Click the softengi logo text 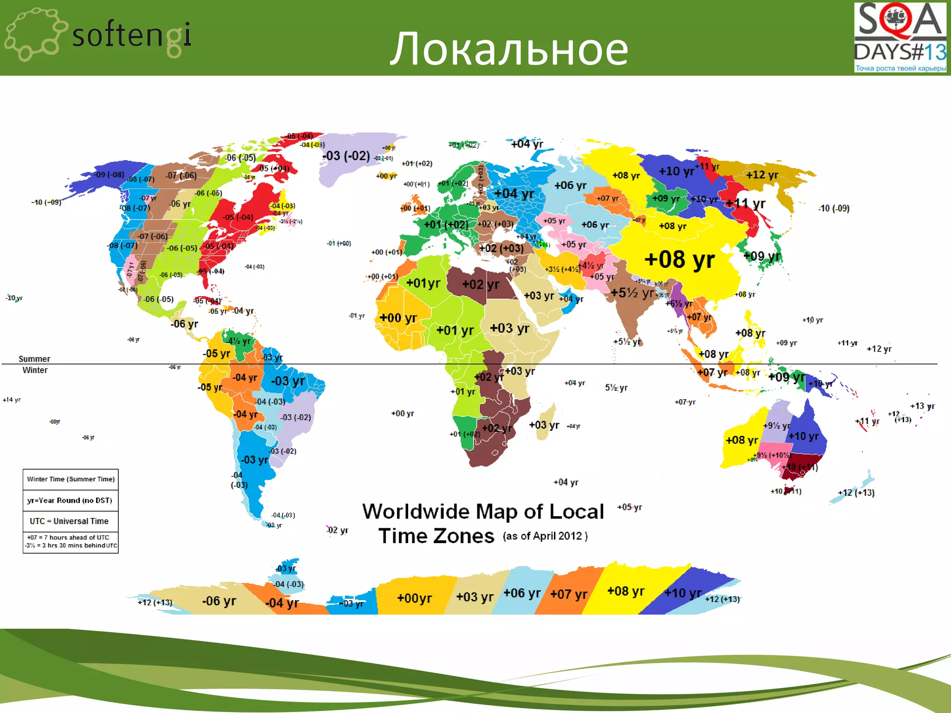click(131, 36)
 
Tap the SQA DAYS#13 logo click(899, 38)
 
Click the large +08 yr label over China click(679, 259)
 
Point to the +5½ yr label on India click(632, 293)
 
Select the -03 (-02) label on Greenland click(346, 156)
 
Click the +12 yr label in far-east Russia click(762, 175)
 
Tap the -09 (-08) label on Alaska click(110, 175)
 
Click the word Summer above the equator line click(34, 359)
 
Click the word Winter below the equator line click(35, 370)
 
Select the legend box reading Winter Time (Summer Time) click(71, 479)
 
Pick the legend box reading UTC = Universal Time click(69, 521)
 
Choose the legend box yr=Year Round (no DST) click(70, 500)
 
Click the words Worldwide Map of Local click(483, 512)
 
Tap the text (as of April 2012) click(545, 536)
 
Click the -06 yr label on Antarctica click(219, 601)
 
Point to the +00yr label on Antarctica click(414, 598)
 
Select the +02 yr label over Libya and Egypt click(481, 285)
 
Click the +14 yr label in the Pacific click(12, 400)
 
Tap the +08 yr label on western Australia click(742, 440)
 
